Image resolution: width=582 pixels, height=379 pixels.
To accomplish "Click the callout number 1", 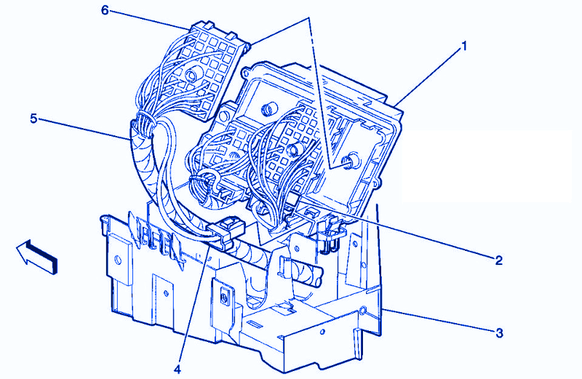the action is (x=463, y=47).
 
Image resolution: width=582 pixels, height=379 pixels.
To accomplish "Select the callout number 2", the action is (x=498, y=260).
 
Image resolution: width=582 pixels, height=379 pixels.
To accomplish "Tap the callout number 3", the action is (x=500, y=333).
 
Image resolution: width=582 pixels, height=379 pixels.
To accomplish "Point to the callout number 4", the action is (x=177, y=369).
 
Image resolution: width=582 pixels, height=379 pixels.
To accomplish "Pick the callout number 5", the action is (x=33, y=119).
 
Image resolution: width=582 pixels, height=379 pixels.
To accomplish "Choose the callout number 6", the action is (x=105, y=10).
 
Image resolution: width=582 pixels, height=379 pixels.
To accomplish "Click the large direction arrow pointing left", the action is (x=37, y=256).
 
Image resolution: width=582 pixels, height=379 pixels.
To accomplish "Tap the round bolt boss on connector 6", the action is (x=191, y=76).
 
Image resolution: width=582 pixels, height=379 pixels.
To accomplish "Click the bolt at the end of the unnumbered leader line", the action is (x=351, y=160).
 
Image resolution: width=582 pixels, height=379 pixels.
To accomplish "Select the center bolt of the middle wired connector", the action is (x=293, y=148).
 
